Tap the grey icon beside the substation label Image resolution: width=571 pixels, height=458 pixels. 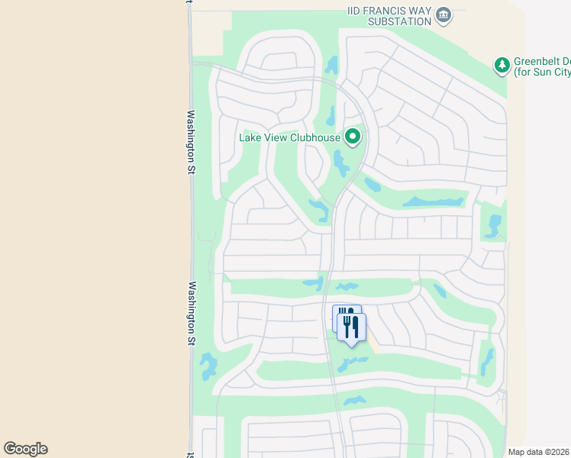[444, 15]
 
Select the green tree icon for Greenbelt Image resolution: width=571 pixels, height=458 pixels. [502, 66]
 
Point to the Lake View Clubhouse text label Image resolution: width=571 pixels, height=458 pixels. [289, 138]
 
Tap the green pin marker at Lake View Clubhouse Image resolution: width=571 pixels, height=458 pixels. [352, 137]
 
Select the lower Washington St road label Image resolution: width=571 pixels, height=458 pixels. [190, 314]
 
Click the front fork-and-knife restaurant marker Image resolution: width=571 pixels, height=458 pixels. [351, 327]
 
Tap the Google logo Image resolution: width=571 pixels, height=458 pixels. [26, 448]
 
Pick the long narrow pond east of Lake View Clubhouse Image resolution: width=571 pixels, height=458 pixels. [434, 202]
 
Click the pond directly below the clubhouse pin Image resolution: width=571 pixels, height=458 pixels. [340, 162]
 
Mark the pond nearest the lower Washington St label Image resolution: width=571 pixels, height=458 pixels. [207, 366]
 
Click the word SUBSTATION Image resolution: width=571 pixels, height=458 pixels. [400, 21]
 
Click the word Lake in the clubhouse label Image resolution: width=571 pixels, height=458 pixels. [251, 138]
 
